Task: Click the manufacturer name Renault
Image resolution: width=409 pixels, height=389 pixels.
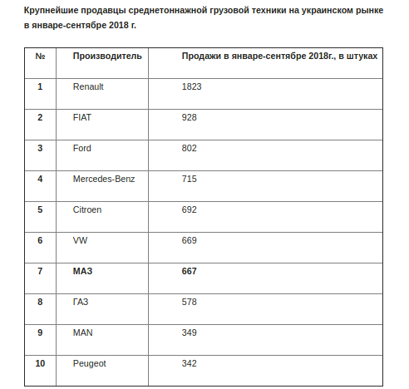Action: point(90,86)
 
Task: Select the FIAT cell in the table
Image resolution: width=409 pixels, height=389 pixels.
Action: point(82,117)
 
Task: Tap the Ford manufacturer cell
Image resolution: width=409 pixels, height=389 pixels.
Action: point(82,148)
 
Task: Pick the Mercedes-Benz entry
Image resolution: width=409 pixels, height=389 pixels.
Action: point(104,179)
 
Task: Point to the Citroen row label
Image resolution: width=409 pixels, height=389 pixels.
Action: point(87,209)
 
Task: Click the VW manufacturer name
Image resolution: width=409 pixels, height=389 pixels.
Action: point(81,240)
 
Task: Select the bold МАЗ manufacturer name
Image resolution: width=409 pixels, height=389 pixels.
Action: point(82,271)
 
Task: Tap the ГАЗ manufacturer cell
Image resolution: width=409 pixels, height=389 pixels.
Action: point(81,302)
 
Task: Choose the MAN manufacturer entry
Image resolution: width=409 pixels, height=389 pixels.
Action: point(82,332)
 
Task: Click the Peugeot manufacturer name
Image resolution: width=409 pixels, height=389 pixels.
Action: point(90,363)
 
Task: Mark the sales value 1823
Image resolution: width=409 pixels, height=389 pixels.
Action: point(191,86)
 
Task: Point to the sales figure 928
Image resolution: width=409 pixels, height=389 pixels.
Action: point(189,117)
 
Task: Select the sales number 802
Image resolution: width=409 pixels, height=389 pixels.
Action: point(189,148)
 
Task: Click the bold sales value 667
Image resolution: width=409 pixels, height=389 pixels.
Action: point(189,271)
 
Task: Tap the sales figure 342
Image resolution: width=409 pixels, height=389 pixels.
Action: point(189,363)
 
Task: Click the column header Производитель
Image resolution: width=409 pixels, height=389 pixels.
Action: point(107,56)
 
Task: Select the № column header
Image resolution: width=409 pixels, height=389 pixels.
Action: point(40,56)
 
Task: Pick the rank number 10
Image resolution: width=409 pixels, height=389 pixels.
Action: point(41,363)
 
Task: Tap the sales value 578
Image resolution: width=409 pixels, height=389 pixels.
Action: point(189,302)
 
